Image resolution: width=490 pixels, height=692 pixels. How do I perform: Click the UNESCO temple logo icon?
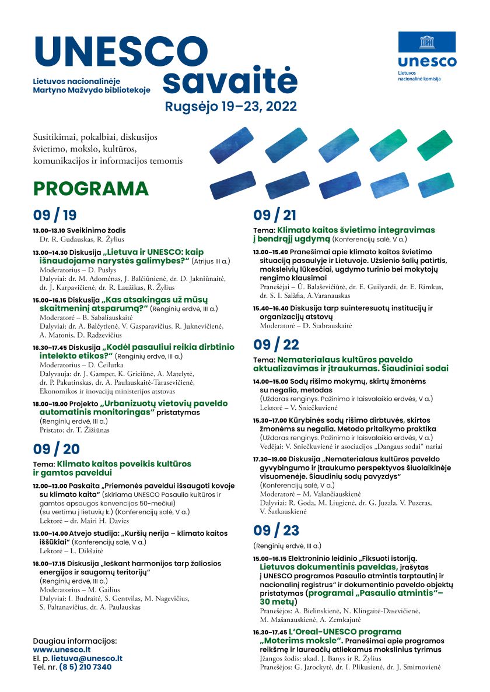click(428, 43)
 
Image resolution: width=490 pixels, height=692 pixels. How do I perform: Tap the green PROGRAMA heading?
click(91, 189)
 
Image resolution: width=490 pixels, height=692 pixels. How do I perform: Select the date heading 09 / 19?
click(55, 215)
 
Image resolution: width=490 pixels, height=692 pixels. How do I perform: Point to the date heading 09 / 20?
click(56, 449)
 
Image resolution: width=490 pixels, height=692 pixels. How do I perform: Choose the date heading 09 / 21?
click(275, 215)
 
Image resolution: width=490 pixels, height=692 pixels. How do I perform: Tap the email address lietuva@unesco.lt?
click(87, 658)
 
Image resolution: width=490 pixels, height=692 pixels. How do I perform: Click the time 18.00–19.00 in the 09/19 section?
click(49, 403)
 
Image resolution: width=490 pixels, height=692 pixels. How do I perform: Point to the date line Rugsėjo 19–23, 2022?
click(231, 107)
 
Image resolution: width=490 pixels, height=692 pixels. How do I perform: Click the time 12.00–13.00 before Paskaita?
click(49, 485)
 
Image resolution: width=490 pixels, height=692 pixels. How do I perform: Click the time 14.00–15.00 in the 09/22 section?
click(269, 381)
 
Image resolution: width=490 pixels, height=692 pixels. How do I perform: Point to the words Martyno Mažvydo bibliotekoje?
click(92, 90)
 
